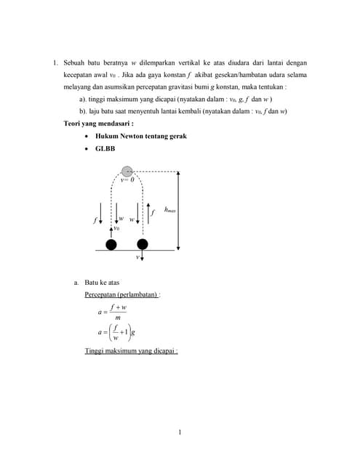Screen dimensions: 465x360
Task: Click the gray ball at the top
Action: coord(127,171)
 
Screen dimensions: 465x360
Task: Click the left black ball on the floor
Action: coord(111,243)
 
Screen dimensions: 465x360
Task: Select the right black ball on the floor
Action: coord(143,243)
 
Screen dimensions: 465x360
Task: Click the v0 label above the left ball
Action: coord(116,228)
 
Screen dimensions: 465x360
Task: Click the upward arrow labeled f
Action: coord(146,213)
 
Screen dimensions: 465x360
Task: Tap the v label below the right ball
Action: coord(137,257)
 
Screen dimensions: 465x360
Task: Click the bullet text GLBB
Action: coord(105,148)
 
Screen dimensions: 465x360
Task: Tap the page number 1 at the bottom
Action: coord(180,433)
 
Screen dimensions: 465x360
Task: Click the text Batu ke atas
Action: coord(104,283)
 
